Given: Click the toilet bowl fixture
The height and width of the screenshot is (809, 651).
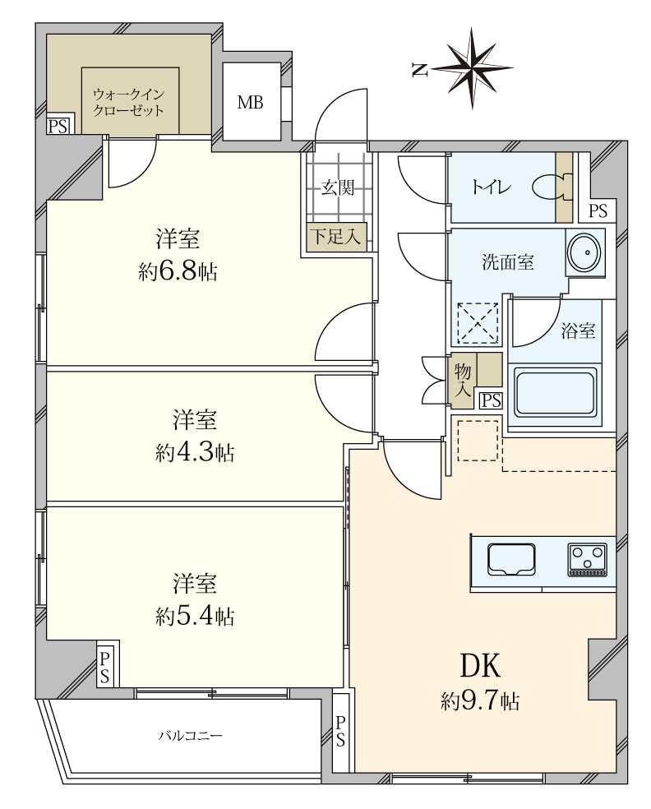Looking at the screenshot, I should (x=549, y=187).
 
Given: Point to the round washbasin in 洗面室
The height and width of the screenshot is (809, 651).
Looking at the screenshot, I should (x=584, y=252).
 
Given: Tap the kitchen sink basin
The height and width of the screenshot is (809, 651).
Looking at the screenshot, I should (x=512, y=560).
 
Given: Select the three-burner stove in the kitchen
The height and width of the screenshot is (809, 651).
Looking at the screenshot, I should (x=587, y=560).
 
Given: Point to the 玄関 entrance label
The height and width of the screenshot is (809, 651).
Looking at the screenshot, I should (x=337, y=187).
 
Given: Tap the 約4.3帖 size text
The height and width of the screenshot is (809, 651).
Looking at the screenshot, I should (x=195, y=451).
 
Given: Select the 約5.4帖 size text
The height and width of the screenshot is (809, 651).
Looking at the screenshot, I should (x=195, y=616).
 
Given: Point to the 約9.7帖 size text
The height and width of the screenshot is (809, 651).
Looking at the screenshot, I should (x=479, y=701).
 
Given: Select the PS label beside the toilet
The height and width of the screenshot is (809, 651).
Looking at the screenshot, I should (x=598, y=210).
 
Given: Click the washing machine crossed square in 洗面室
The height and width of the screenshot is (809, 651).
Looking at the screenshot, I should (x=478, y=323).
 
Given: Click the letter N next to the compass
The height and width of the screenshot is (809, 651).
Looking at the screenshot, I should (x=419, y=71).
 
